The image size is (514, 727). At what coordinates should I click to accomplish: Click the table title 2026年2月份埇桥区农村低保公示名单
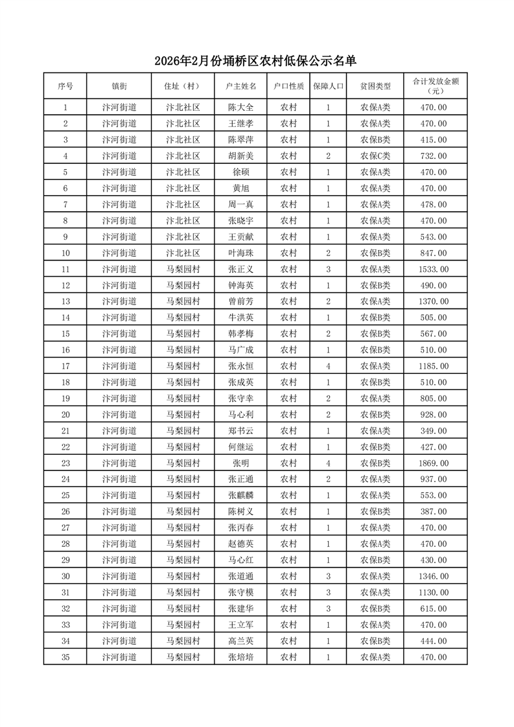[256, 62]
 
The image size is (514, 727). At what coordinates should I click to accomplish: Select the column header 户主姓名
[240, 86]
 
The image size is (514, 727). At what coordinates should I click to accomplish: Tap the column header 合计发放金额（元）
[435, 86]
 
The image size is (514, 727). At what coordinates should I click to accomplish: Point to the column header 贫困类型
[375, 86]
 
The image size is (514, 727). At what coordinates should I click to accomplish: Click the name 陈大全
[240, 108]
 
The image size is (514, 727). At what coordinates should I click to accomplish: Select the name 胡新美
[240, 156]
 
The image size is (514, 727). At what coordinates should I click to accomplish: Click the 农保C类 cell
[375, 156]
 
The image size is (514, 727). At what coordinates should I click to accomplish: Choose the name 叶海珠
[240, 253]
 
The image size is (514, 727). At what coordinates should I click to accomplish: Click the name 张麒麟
[240, 496]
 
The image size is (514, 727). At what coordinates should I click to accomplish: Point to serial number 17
[65, 367]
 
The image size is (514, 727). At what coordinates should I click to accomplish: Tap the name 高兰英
[240, 641]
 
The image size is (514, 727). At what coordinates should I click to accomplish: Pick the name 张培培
[240, 657]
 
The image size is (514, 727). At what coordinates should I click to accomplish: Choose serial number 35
[65, 657]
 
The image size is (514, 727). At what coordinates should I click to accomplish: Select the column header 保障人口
[328, 86]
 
